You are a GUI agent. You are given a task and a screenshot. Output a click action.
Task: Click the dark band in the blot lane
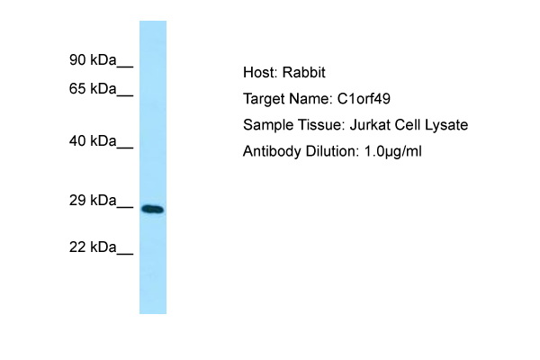pyautogui.click(x=153, y=209)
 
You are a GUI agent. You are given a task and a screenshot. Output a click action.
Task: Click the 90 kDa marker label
pyautogui.click(x=93, y=60)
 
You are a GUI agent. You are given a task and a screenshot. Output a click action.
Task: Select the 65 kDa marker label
pyautogui.click(x=93, y=89)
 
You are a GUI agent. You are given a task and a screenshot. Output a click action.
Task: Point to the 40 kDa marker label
pyautogui.click(x=93, y=141)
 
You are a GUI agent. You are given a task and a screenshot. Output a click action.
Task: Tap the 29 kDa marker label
pyautogui.click(x=93, y=200)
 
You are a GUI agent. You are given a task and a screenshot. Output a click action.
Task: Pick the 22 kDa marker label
pyautogui.click(x=93, y=247)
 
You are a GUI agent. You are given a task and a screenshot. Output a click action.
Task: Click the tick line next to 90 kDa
pyautogui.click(x=125, y=67)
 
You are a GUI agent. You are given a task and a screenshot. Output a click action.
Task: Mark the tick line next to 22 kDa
pyautogui.click(x=125, y=254)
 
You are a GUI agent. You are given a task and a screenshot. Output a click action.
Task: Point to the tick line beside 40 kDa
pyautogui.click(x=125, y=148)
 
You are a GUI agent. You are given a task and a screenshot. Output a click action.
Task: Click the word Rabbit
pyautogui.click(x=304, y=73)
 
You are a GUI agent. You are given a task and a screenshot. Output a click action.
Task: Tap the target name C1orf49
pyautogui.click(x=364, y=99)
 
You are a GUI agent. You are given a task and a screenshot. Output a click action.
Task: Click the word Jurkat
pyautogui.click(x=370, y=125)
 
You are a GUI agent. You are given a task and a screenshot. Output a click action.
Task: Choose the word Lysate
pyautogui.click(x=446, y=125)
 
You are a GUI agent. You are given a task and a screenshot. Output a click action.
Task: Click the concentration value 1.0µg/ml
pyautogui.click(x=392, y=151)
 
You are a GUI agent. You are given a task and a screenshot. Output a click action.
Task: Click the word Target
pyautogui.click(x=264, y=100)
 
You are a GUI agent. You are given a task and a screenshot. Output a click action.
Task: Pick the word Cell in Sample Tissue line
pyautogui.click(x=407, y=125)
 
